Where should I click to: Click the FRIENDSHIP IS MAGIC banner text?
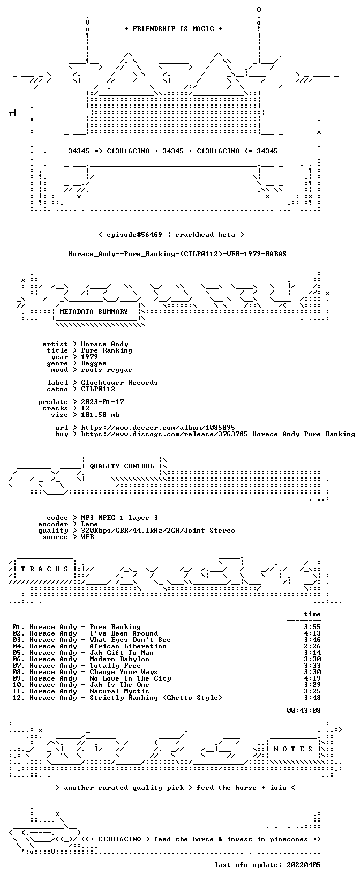coord(174,29)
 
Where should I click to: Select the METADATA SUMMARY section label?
coord(94,312)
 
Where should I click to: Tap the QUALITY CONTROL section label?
coord(122,466)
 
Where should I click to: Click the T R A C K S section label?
coord(45,569)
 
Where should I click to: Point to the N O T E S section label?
coord(293,749)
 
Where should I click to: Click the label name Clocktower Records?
coord(119,383)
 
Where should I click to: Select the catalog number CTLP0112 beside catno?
coord(98,389)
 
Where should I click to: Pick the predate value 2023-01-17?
coord(102,402)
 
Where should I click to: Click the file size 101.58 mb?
coord(100,415)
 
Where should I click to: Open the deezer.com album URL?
coord(158,428)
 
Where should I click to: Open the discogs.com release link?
coord(218,434)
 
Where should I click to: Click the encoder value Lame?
coord(89,524)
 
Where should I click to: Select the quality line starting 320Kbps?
coord(158,531)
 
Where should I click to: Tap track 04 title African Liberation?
coord(128,646)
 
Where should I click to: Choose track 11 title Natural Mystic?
coord(119,691)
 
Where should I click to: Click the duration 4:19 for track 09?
coord(312,678)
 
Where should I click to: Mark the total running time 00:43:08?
coord(303,710)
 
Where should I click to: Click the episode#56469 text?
coord(134,235)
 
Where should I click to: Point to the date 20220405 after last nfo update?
coord(303,865)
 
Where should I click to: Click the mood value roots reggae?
coord(107,370)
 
